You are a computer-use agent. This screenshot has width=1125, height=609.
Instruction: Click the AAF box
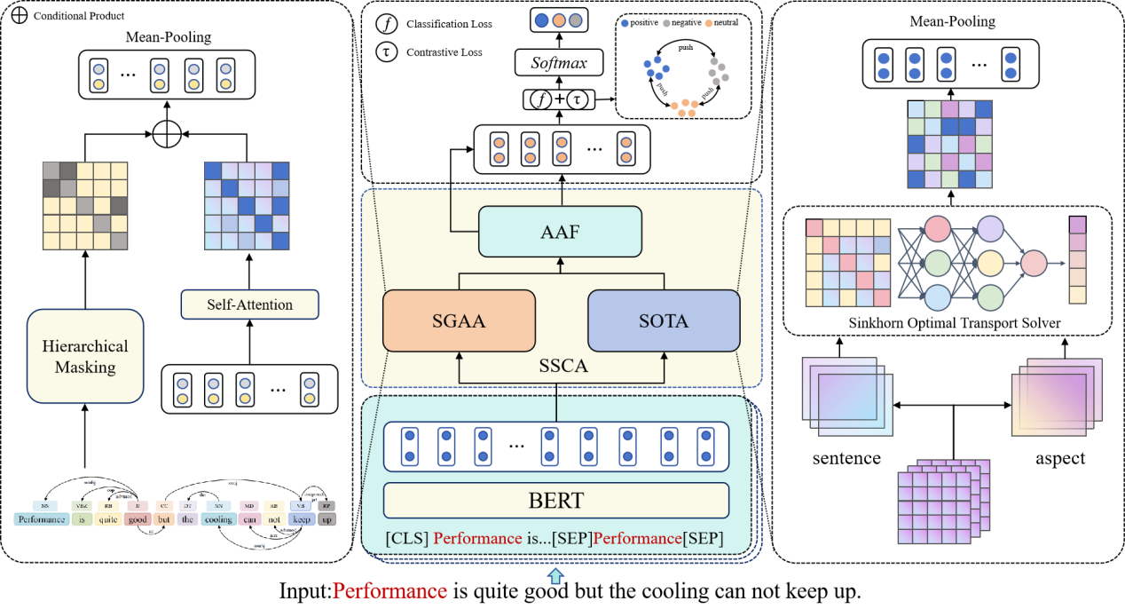click(x=560, y=232)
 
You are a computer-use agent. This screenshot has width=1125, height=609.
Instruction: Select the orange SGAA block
click(x=459, y=320)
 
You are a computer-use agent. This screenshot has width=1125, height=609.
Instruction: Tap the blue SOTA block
click(x=664, y=320)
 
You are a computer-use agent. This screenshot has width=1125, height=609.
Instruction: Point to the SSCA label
click(x=563, y=366)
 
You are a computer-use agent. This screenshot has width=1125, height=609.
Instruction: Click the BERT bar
click(x=556, y=501)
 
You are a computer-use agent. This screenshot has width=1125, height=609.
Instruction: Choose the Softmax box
click(x=559, y=63)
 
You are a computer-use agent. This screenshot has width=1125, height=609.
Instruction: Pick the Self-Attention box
click(x=249, y=304)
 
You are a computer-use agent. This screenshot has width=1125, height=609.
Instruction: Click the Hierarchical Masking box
click(x=85, y=356)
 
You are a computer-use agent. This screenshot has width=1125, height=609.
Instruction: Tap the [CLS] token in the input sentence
click(x=407, y=539)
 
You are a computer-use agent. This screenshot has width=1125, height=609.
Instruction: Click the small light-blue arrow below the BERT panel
click(x=555, y=576)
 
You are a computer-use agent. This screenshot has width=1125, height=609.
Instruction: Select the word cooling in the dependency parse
click(x=219, y=519)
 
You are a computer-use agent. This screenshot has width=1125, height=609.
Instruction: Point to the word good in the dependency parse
click(x=137, y=519)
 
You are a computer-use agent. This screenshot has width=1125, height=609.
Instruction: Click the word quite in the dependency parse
click(x=107, y=519)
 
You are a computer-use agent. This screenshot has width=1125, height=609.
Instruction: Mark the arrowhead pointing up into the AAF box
click(x=560, y=262)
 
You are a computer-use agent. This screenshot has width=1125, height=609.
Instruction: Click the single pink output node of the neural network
click(x=1034, y=263)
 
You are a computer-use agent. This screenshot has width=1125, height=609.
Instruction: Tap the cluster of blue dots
click(x=657, y=67)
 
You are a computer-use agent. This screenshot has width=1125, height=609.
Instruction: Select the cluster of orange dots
click(x=684, y=107)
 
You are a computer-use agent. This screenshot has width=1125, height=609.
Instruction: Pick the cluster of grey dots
click(x=718, y=69)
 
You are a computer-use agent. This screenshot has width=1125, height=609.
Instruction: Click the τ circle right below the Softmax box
click(x=578, y=99)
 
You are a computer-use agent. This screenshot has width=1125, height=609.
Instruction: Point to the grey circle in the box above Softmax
click(x=576, y=20)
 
